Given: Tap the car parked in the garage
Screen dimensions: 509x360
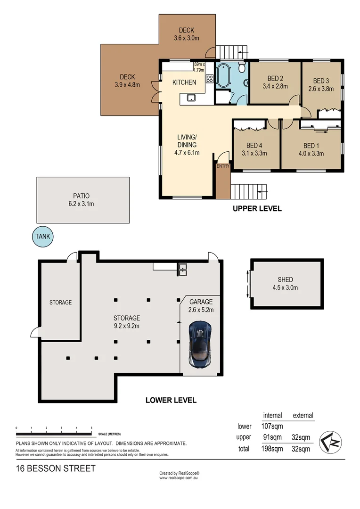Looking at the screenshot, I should click(x=199, y=344).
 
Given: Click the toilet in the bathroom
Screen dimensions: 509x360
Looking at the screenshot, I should click(x=242, y=69).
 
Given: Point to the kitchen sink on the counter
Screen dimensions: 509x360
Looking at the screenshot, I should click(x=191, y=98).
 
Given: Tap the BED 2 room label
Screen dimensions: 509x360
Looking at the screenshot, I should click(x=275, y=78).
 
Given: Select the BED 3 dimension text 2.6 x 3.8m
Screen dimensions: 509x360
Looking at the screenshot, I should click(x=321, y=88).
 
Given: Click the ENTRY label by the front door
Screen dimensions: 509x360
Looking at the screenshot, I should click(x=222, y=166).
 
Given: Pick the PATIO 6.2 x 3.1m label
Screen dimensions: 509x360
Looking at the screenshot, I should click(x=82, y=200).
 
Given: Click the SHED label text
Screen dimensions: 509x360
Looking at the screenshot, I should click(x=286, y=280).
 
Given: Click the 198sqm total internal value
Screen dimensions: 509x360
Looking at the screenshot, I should click(x=272, y=449).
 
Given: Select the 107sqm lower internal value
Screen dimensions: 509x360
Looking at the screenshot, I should click(x=272, y=426).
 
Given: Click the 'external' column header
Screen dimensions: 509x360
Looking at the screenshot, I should click(x=303, y=415).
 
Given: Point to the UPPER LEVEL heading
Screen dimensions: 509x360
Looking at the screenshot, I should click(x=257, y=209).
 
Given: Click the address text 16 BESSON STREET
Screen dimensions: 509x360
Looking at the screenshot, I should click(x=56, y=468).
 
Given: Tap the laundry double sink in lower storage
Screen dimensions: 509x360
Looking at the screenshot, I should click(x=182, y=269).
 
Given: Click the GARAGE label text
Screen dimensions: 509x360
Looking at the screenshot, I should click(x=201, y=302).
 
